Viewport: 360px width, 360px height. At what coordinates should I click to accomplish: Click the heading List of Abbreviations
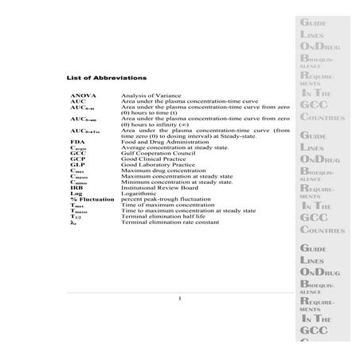[x=105, y=77]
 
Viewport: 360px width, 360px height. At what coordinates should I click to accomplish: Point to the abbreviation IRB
[x=77, y=186]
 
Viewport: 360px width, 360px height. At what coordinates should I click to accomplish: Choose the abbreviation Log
[x=76, y=193]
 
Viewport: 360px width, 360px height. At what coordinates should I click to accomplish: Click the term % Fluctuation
[x=89, y=198]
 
